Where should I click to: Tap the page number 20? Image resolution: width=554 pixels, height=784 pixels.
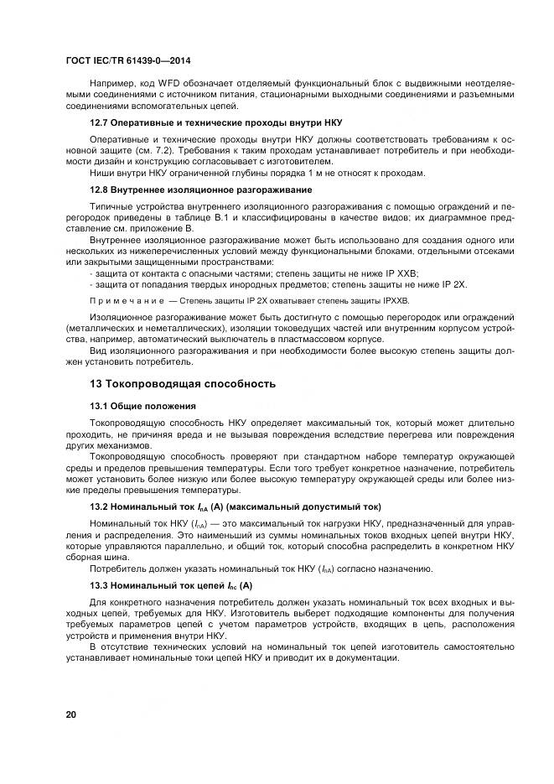pyautogui.click(x=72, y=714)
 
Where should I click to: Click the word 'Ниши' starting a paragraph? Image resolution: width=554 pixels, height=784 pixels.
pyautogui.click(x=101, y=174)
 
